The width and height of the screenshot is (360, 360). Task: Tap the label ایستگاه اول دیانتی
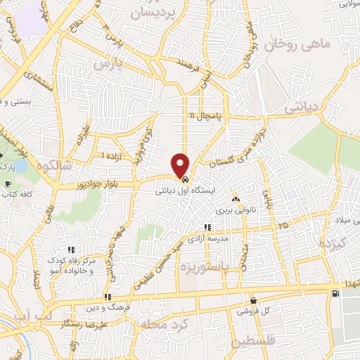(184, 191)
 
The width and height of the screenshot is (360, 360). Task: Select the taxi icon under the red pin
(184, 180)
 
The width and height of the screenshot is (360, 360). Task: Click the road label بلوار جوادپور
(99, 186)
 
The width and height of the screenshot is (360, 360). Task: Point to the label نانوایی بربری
(233, 210)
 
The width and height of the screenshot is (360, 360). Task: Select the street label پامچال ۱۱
(205, 115)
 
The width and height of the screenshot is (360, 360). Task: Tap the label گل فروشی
(252, 310)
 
